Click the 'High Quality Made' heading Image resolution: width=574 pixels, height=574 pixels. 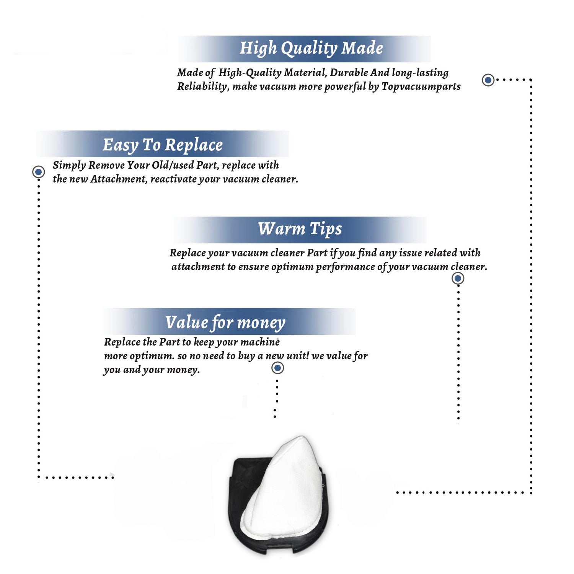[311, 49]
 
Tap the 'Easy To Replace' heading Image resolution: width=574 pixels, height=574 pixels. [163, 145]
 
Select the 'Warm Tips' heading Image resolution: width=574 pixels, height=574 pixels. [300, 229]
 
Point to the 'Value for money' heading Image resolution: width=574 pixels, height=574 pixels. [225, 323]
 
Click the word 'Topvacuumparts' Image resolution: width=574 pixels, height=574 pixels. [421, 87]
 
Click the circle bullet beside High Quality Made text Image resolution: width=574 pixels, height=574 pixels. [488, 80]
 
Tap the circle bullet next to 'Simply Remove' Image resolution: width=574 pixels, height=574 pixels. [38, 172]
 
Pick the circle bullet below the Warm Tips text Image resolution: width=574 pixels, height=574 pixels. [458, 278]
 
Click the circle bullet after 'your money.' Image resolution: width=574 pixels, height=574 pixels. [277, 368]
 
